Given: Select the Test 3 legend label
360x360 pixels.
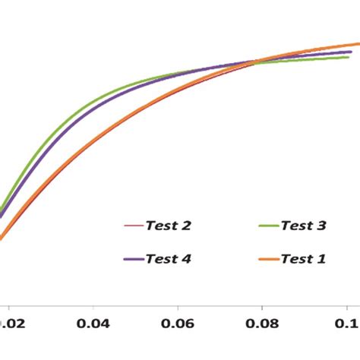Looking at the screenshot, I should click(304, 226).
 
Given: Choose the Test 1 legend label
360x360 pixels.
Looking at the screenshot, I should click(304, 259).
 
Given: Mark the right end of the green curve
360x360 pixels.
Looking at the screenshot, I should click(349, 57).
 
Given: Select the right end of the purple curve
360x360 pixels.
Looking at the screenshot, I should click(351, 52).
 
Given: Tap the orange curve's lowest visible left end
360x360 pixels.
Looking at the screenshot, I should click(2, 238).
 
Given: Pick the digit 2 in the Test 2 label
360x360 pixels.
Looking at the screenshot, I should click(187, 226).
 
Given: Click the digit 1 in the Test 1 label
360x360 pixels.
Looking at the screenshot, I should click(322, 259).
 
